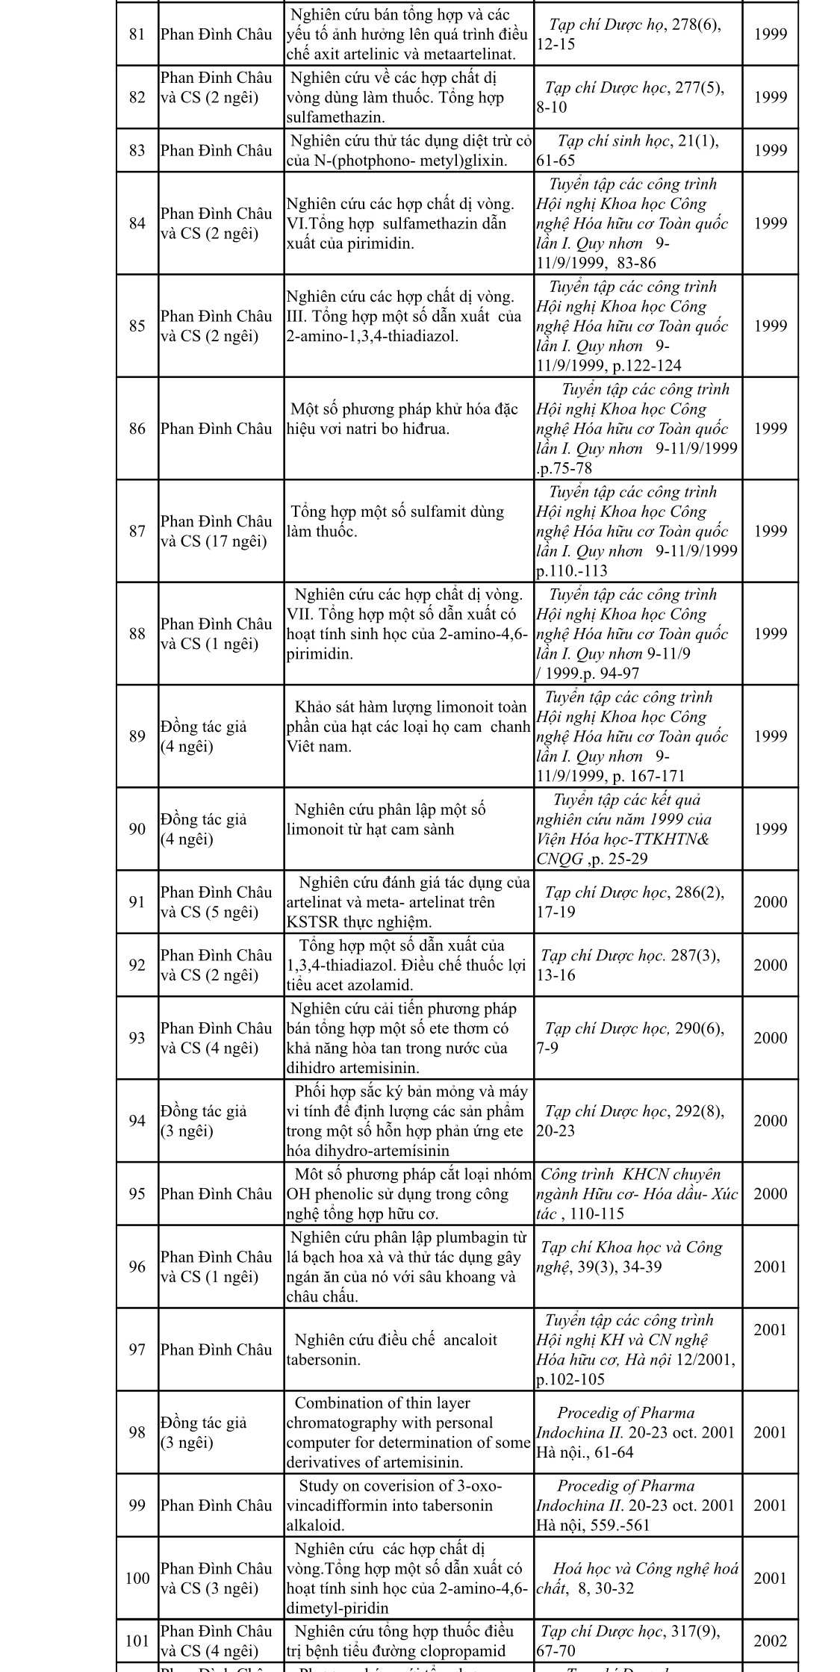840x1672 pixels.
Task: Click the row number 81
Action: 137,34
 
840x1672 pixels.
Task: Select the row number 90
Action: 137,829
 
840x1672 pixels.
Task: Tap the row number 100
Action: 137,1578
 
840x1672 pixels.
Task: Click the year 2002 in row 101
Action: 770,1641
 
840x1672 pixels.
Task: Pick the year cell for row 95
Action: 770,1193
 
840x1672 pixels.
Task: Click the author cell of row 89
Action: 203,736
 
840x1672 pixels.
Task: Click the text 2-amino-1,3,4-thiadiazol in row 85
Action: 372,336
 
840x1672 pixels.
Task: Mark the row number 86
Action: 137,429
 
